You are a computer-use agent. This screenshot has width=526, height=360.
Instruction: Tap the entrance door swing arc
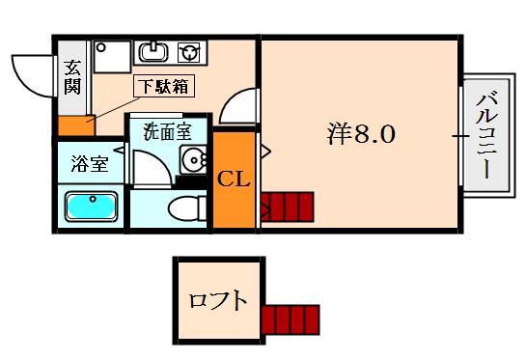coord(31,75)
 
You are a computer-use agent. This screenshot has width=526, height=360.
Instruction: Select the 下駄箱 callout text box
coord(163,86)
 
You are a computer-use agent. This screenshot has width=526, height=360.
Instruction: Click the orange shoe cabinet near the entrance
coord(74,125)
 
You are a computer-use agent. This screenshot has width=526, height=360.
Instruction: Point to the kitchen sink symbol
coord(153,51)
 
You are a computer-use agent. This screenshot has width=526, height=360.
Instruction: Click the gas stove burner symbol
coord(192,51)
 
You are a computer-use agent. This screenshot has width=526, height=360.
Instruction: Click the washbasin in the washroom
coord(196,161)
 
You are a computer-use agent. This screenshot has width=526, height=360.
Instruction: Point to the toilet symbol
coord(184,208)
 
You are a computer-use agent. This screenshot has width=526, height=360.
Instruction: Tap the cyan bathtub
coord(91,207)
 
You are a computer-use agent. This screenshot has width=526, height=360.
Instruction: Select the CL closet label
coord(233,180)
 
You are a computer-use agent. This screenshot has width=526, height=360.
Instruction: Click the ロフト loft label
coord(218,300)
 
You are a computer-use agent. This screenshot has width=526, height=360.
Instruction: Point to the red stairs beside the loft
coord(290,318)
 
